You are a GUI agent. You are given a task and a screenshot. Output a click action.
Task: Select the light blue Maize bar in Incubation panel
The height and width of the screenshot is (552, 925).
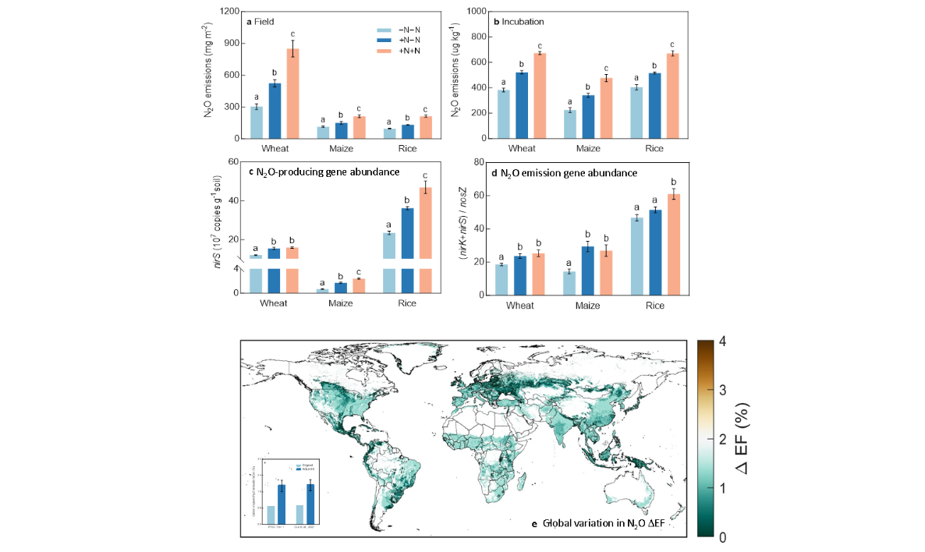(569, 124)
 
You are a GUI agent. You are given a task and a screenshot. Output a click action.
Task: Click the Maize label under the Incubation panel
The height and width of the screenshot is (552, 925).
(588, 148)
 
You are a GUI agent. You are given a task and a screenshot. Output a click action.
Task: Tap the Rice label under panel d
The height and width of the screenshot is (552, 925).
(654, 306)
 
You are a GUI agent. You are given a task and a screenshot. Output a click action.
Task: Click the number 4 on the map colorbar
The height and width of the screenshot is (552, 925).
(722, 342)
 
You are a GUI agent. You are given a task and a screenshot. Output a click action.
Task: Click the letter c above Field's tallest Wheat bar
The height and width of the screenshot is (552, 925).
(292, 34)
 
